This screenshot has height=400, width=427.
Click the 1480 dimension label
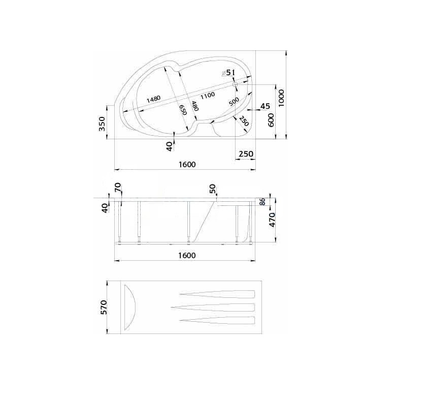[x=154, y=99]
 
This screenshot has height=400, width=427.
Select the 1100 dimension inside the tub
[x=208, y=96]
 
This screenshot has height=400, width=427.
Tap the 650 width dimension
[x=183, y=110]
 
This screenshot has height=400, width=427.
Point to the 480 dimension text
[x=194, y=106]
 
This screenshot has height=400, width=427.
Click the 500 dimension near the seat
[x=234, y=102]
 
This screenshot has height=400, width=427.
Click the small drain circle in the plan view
[x=235, y=84]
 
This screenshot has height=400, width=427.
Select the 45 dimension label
[x=265, y=106]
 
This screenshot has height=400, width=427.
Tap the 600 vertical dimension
[x=271, y=120]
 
